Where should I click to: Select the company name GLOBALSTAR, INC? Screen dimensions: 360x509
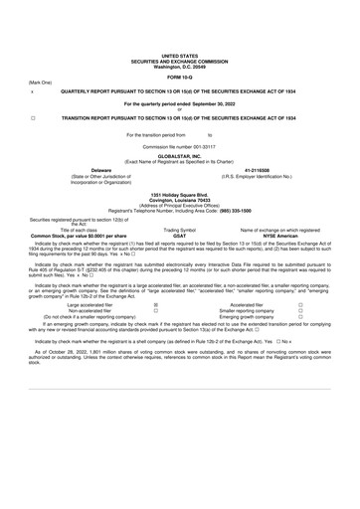pyautogui.click(x=179, y=156)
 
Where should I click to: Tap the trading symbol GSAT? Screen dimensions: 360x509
pyautogui.click(x=179, y=234)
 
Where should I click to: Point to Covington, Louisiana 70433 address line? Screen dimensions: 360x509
pyautogui.click(x=179, y=200)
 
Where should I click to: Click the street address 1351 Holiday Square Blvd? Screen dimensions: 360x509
pyautogui.click(x=179, y=195)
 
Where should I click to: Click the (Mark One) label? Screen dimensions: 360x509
pyautogui.click(x=41, y=84)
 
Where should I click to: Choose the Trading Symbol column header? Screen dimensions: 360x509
pyautogui.click(x=179, y=229)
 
